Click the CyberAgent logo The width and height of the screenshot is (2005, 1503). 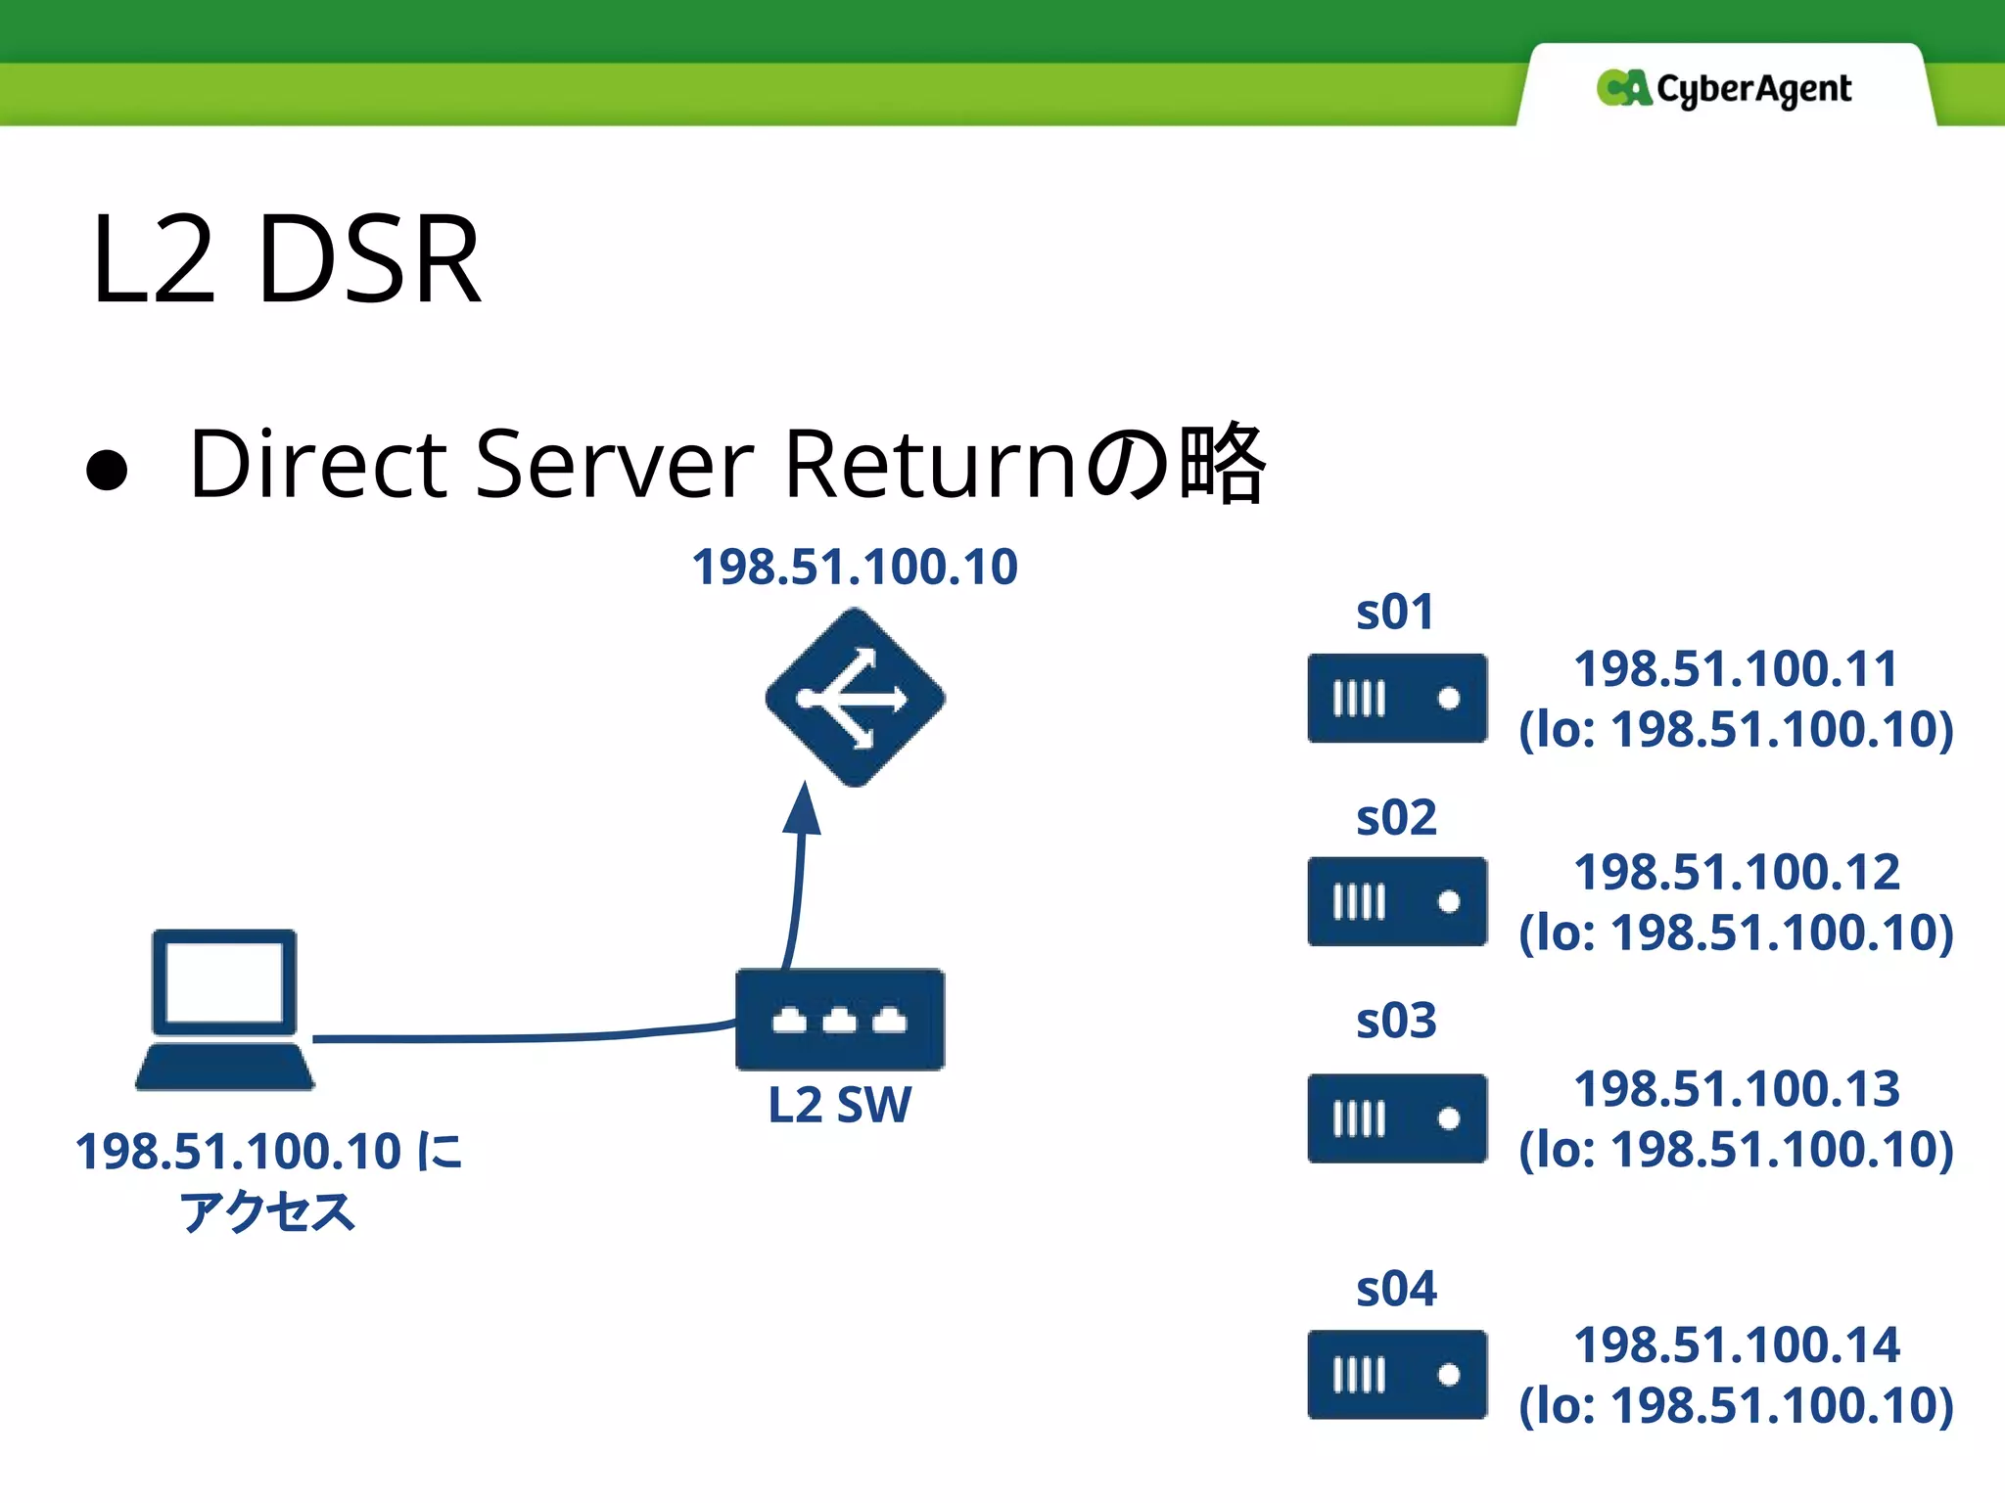pos(1724,89)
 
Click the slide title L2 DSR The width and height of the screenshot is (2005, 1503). pos(286,259)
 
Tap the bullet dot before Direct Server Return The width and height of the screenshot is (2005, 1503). pos(107,469)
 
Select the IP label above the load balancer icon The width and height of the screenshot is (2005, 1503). pos(855,567)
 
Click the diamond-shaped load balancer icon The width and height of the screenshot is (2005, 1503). pos(855,698)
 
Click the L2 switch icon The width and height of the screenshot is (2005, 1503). pos(840,1019)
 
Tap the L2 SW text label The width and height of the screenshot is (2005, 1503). pos(840,1105)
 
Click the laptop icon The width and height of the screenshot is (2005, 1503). pos(225,1009)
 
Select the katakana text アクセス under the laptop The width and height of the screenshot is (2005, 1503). pos(267,1211)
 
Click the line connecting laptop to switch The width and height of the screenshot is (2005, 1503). pos(519,1037)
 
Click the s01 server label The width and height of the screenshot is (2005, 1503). pos(1395,613)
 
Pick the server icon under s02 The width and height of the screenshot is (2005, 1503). pos(1397,901)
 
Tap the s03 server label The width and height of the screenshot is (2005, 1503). pos(1396,1021)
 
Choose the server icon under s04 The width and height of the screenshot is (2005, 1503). pos(1397,1374)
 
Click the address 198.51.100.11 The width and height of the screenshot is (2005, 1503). pos(1736,669)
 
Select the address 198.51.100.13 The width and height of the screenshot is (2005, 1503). pos(1737,1088)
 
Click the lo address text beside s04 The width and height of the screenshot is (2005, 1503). pos(1736,1405)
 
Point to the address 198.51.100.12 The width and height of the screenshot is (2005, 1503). pos(1737,872)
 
